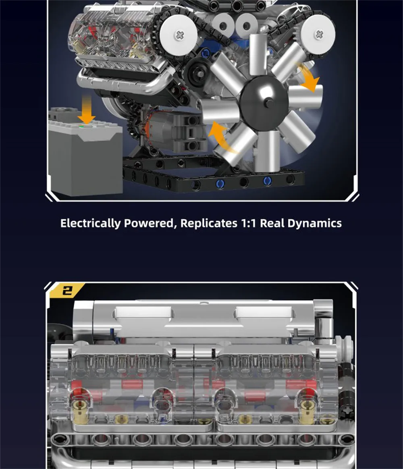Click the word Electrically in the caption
pos(90,223)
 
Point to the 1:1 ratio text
pos(248,223)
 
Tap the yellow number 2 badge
pos(67,290)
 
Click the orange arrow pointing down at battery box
pos(87,109)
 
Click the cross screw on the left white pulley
pos(179,35)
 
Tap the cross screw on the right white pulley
pos(319,34)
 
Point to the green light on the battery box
pos(81,127)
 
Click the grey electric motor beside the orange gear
pos(175,132)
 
